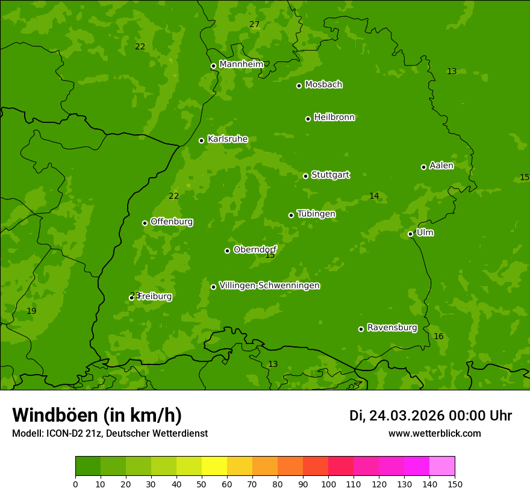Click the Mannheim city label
pos(241,64)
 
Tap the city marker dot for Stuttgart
pos(306,176)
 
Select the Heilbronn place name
pos(334,117)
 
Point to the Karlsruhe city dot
pos(202,140)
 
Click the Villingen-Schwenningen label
pos(269,286)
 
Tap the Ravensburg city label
pos(392,328)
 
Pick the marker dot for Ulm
pos(411,234)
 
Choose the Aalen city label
pos(441,166)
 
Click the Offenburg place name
pos(172,222)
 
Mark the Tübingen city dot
pos(291,215)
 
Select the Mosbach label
pos(323,85)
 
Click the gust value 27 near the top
pos(254,25)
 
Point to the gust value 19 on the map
pos(31,311)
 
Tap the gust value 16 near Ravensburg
pos(438,337)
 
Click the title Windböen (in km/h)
pos(97,415)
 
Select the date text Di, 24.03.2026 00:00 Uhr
pos(431,416)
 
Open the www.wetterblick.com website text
pos(434,433)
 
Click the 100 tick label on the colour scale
pos(328,484)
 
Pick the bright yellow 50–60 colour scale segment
pos(214,466)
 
